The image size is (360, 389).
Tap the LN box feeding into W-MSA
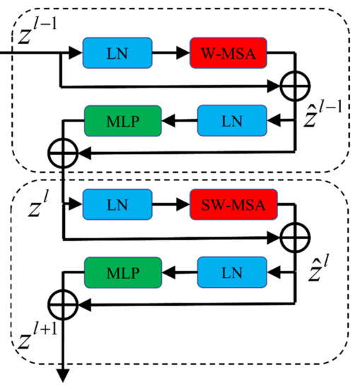117,54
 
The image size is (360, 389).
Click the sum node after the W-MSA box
294,87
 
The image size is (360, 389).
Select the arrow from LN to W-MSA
170,54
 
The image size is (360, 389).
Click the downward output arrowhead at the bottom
63,376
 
